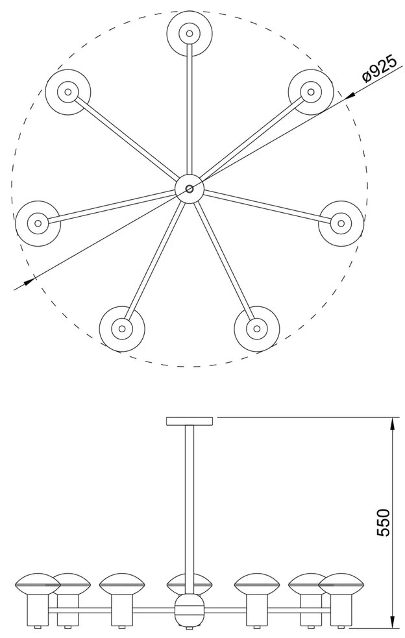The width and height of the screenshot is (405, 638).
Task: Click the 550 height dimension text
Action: tap(383, 522)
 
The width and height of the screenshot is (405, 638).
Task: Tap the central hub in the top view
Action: tap(190, 189)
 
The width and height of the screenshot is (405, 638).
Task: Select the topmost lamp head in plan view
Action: tap(190, 33)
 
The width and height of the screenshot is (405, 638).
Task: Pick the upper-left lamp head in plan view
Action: tap(67, 92)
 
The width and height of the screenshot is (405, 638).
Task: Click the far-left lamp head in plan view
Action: tap(38, 223)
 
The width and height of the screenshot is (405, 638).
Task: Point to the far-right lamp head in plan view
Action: tap(341, 223)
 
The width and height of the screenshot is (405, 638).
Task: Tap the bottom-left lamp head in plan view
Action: tap(122, 328)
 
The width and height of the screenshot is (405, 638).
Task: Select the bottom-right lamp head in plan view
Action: tap(257, 328)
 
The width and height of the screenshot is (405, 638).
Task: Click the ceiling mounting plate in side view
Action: tap(190, 421)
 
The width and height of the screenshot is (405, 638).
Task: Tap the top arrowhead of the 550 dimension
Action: tap(392, 425)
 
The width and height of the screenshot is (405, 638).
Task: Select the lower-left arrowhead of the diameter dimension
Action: tap(28, 281)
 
